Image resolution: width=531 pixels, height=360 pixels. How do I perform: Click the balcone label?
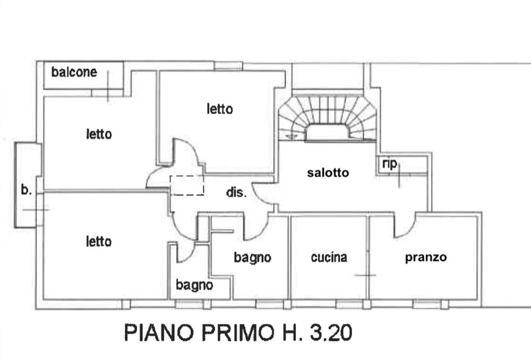[x=74, y=72]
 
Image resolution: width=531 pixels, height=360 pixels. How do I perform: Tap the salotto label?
[x=328, y=173]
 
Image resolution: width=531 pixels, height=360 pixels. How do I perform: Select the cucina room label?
[x=329, y=257]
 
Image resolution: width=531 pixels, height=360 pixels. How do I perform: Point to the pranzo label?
[x=426, y=258]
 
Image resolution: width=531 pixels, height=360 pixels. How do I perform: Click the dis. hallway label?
[x=236, y=192]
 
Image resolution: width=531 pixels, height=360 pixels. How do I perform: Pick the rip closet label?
[x=389, y=164]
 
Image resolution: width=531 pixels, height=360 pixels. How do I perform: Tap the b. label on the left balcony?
[x=27, y=190]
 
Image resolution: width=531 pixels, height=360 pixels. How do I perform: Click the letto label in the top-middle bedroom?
[x=220, y=109]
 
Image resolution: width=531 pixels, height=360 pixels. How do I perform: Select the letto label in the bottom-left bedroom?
[x=99, y=241]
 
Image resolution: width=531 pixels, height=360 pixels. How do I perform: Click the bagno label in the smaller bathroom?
[x=194, y=285]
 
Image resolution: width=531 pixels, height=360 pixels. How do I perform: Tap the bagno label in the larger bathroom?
[x=252, y=258]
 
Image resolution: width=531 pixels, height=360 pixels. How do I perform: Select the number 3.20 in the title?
[x=331, y=332]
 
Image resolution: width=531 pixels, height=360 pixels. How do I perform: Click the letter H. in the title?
[x=291, y=332]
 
